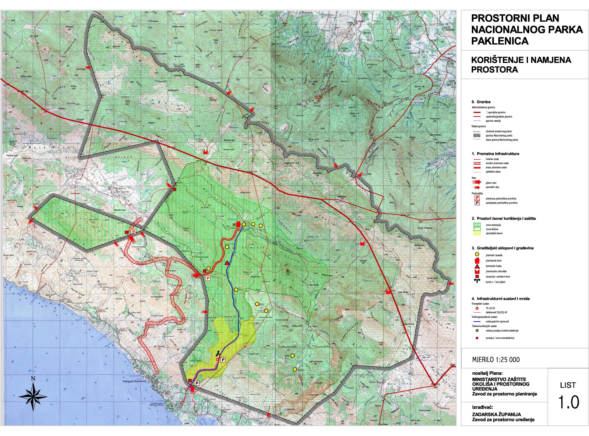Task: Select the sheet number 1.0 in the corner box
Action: [568, 403]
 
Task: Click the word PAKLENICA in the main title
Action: [499, 41]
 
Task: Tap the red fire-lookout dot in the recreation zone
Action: [288, 270]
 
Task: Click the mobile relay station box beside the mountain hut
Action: [234, 225]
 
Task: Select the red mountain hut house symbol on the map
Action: [238, 224]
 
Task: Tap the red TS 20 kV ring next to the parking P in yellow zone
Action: [217, 359]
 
